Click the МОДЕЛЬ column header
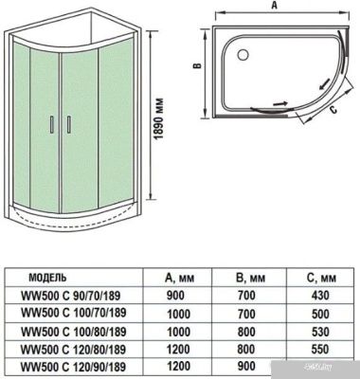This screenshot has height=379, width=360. [x=50, y=280]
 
